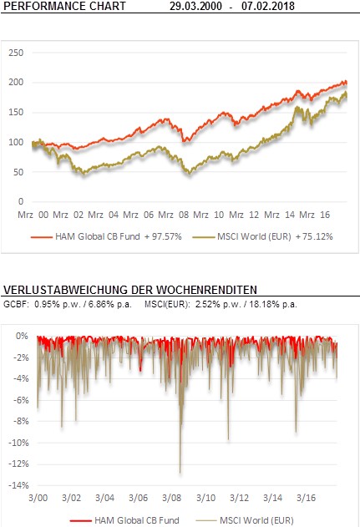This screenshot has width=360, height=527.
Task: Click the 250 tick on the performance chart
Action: [16, 53]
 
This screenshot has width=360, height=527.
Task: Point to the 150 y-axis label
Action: [16, 112]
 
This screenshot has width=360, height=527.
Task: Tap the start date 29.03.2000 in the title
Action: [195, 6]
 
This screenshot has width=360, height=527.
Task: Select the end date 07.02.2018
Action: [268, 6]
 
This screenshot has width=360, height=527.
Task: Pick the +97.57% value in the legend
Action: [163, 236]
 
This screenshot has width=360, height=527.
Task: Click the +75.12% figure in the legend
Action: [314, 236]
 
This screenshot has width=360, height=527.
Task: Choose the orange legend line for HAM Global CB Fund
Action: [42, 237]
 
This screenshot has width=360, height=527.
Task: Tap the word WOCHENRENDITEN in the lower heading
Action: [206, 290]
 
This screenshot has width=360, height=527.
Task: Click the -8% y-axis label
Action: [21, 422]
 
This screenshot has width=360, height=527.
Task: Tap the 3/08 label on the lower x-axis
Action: [172, 498]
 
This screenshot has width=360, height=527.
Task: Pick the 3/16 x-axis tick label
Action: [307, 498]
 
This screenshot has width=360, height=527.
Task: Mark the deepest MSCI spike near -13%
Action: [180, 473]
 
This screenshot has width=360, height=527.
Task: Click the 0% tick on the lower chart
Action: [22, 336]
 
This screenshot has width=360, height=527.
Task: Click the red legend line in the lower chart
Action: [80, 521]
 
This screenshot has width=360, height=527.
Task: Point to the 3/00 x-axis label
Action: [38, 498]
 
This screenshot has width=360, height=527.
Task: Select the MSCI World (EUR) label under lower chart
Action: [256, 520]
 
